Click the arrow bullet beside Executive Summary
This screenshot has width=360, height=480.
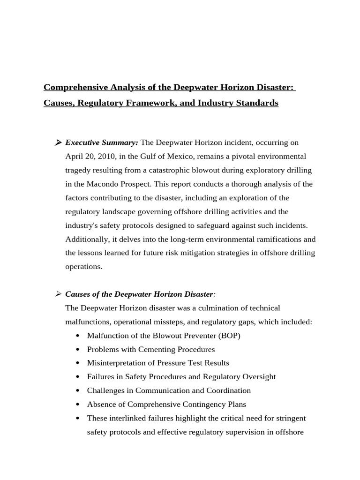(59, 142)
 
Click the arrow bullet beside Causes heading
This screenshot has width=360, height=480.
(59, 294)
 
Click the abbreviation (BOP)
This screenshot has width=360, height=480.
(229, 336)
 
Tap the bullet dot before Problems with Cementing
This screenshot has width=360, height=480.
(77, 350)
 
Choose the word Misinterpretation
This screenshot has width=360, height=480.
(115, 363)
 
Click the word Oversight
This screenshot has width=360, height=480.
(259, 377)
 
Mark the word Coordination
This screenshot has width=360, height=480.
(228, 390)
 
